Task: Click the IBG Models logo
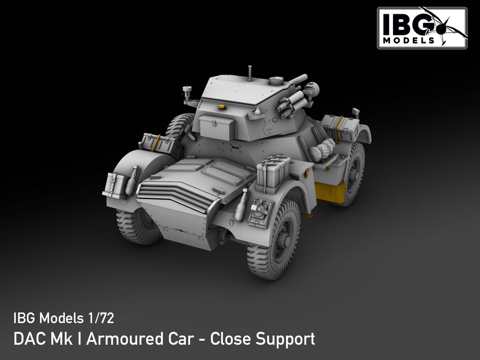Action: click(422, 28)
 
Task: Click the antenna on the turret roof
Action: click(250, 73)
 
